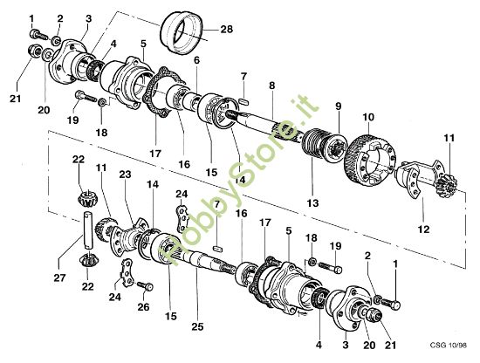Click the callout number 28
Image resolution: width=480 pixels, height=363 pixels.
[227, 30]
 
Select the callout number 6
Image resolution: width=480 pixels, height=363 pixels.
[197, 60]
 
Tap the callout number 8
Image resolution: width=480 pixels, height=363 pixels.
[272, 85]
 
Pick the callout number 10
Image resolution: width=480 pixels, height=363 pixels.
[368, 117]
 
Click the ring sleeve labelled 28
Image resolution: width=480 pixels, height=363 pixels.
[184, 38]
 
